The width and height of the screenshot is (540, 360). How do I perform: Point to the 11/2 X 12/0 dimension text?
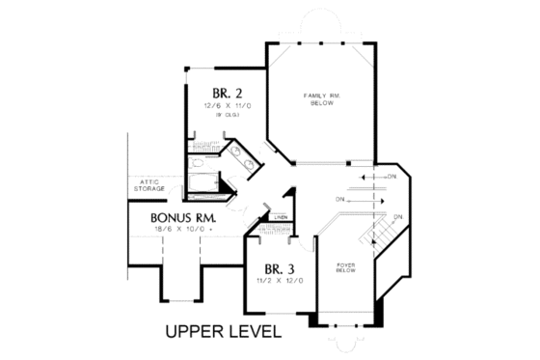[x=280, y=280]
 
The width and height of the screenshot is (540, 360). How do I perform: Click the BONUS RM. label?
[x=183, y=218]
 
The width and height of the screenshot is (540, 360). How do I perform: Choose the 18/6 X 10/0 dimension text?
[x=181, y=230]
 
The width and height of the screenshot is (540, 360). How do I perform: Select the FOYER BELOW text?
[x=346, y=267]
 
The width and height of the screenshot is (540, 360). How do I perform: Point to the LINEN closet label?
[x=281, y=218]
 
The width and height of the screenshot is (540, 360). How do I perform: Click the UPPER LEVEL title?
[x=222, y=333]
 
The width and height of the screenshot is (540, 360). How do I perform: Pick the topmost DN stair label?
[x=390, y=178]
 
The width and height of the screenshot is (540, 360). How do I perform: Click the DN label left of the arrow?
[x=340, y=200]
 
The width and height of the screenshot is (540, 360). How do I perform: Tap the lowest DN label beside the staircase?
[x=397, y=214]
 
